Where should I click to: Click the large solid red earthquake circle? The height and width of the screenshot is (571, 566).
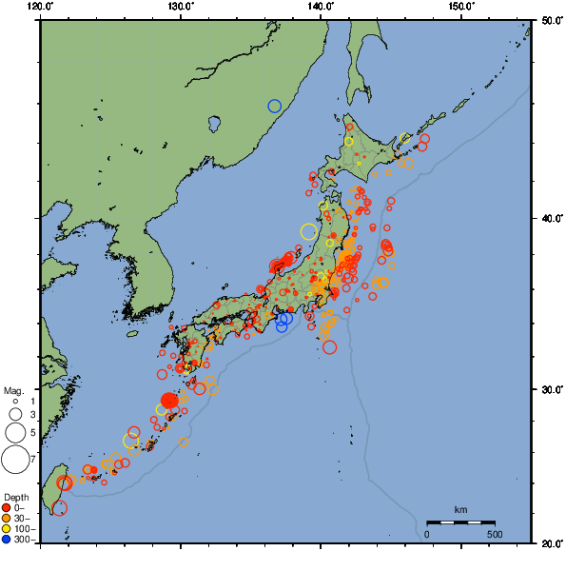pos(169,401)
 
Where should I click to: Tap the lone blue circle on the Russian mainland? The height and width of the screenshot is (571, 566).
pos(275,106)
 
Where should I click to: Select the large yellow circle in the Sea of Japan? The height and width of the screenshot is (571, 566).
pos(308,231)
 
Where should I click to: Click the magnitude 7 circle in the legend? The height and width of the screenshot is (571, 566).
pos(14,460)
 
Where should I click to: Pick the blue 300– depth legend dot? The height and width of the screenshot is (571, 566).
pos(7,540)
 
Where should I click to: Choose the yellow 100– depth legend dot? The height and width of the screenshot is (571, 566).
pos(7,529)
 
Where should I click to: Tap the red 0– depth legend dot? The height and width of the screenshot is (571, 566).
pos(7,507)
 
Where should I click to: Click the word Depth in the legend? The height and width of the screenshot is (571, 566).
pos(15,497)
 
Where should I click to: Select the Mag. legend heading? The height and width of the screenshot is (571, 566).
pos(13,390)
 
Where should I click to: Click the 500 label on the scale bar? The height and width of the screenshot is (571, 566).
pos(495,534)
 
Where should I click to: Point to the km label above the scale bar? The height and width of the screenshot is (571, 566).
pos(460,510)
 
